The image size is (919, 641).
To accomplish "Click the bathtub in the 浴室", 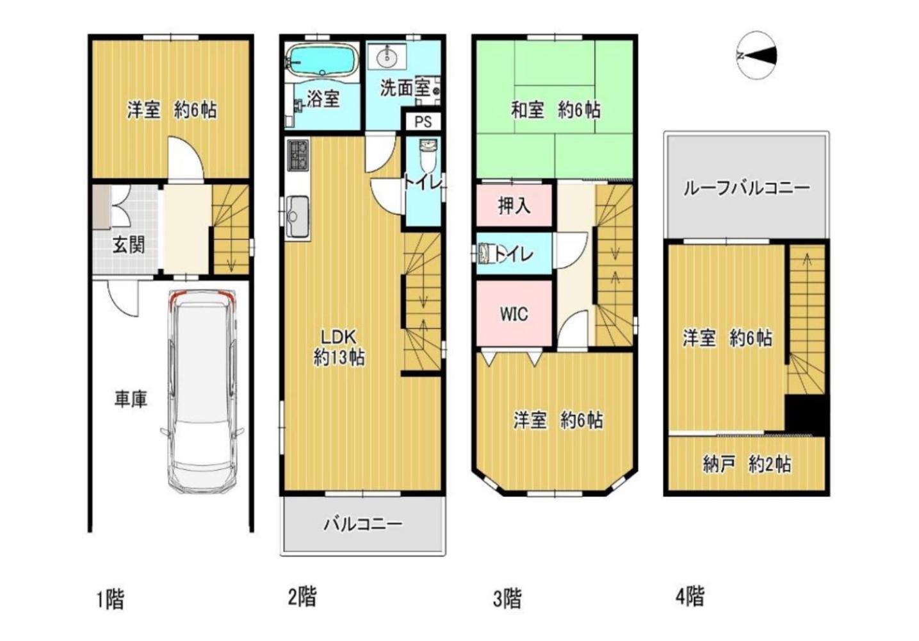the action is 322,60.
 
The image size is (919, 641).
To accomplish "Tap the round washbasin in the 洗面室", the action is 386,56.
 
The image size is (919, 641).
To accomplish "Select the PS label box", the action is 423,122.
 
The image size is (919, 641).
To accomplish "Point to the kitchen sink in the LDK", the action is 298,217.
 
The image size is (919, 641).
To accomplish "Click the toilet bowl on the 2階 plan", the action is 428,156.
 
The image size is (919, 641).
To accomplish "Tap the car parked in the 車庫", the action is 202,392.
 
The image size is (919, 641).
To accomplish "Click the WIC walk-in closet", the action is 514,313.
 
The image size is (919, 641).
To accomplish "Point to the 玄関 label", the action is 129,246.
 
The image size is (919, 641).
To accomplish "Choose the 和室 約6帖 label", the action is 555,110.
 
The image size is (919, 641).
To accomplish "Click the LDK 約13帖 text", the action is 339,347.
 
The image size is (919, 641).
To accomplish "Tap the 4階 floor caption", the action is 690,597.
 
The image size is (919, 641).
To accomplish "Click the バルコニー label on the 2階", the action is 362,524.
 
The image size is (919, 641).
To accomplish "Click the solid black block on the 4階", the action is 807,414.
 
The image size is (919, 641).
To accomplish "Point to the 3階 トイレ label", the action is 514,254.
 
